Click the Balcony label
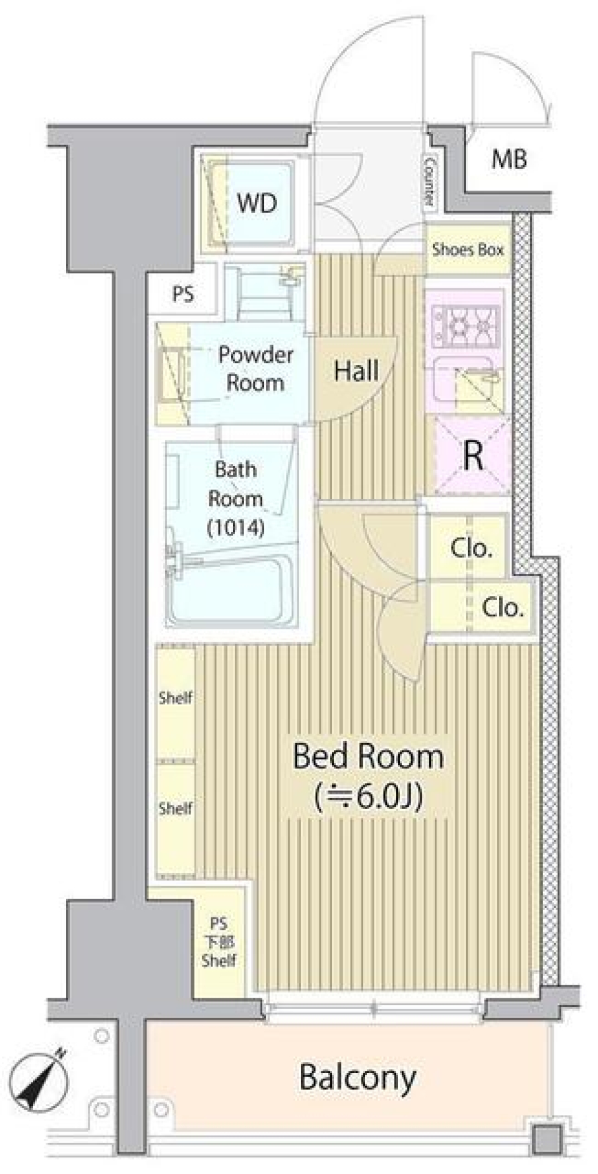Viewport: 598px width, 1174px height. click(x=357, y=1077)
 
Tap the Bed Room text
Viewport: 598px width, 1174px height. click(x=368, y=756)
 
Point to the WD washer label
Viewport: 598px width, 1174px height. click(x=257, y=203)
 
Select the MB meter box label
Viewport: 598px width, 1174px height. click(x=509, y=159)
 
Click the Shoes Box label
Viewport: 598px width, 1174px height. click(x=468, y=250)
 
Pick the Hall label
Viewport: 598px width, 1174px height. click(x=356, y=371)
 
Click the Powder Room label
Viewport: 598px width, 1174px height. click(x=255, y=368)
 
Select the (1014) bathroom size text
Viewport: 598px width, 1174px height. click(x=236, y=528)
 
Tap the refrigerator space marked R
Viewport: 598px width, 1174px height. click(x=473, y=456)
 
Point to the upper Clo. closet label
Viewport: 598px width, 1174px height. click(x=472, y=548)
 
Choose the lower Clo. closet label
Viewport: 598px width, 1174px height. click(x=502, y=607)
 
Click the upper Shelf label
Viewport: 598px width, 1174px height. click(x=175, y=698)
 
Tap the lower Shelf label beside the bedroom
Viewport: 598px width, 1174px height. click(x=175, y=808)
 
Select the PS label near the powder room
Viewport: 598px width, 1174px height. click(x=183, y=294)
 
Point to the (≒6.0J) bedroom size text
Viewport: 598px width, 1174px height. click(x=369, y=795)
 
